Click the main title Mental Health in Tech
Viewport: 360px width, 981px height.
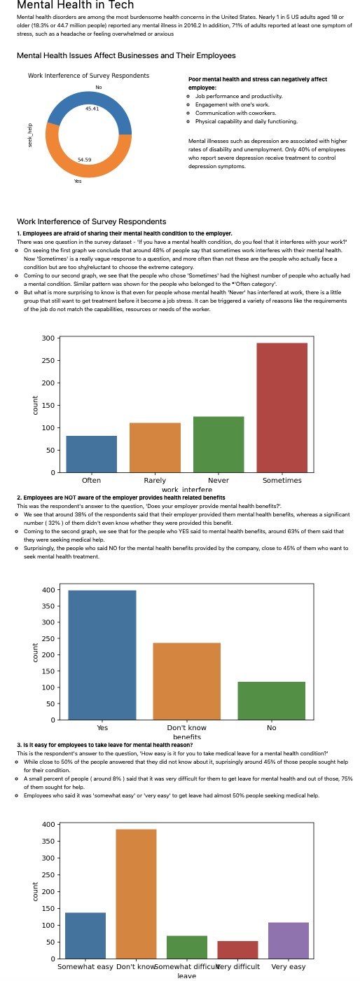click(x=75, y=6)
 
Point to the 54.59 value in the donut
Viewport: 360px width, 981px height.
click(x=85, y=160)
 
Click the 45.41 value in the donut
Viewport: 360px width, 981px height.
click(x=92, y=109)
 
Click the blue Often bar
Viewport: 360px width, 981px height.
click(x=91, y=454)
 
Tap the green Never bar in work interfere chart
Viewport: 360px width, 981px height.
click(x=219, y=444)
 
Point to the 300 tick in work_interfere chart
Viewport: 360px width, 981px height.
click(x=48, y=338)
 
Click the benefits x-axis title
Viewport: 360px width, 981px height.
click(x=187, y=737)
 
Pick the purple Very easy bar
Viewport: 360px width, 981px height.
click(x=289, y=940)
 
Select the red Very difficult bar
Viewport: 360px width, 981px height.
click(x=237, y=949)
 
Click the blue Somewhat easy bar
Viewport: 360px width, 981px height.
click(x=85, y=935)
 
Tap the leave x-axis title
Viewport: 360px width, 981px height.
click(x=186, y=975)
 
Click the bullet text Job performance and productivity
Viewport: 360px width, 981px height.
click(x=239, y=96)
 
